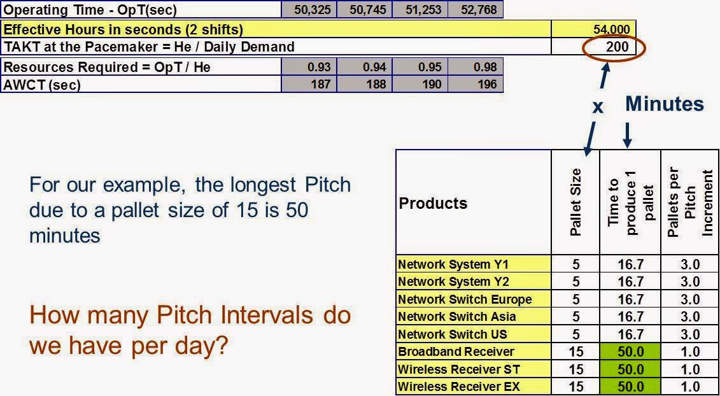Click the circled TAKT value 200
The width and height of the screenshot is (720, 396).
pos(616,47)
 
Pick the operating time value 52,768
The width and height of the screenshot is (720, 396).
pos(476,10)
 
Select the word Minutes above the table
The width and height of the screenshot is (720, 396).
pos(664,104)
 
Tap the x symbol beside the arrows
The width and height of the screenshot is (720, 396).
pos(597,107)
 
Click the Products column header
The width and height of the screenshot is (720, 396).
pos(433,203)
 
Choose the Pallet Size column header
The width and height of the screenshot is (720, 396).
pos(575,202)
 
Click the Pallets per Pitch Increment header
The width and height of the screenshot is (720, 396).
pos(690,202)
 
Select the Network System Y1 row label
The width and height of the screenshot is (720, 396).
pos(453,264)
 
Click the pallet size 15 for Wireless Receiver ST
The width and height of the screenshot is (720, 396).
pos(575,369)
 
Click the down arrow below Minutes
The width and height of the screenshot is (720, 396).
pos(628,134)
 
